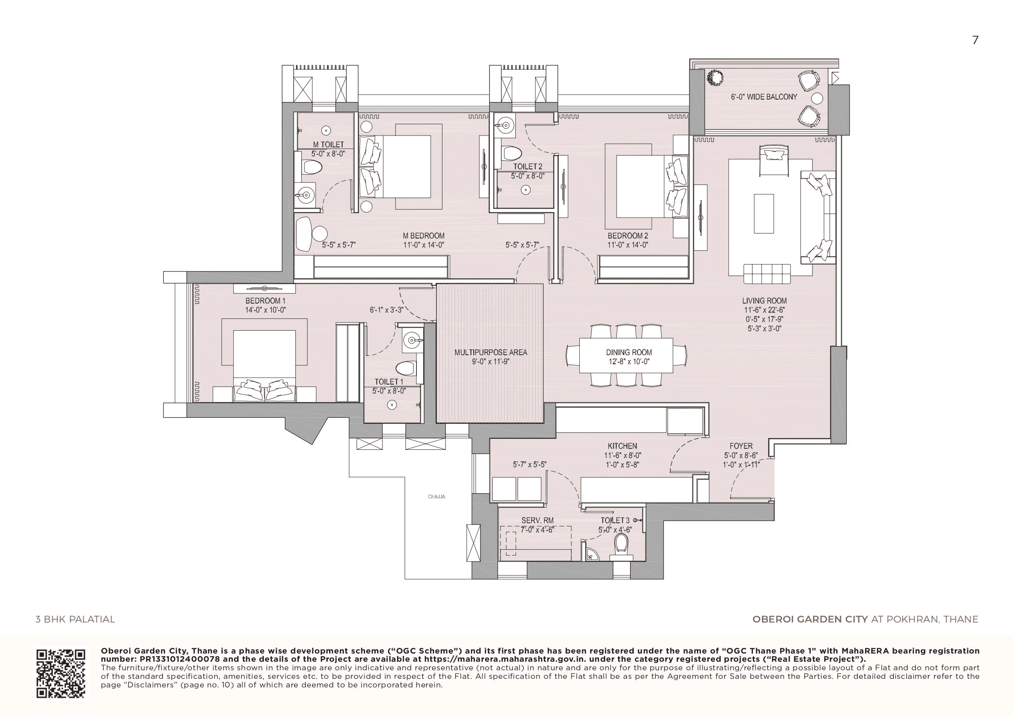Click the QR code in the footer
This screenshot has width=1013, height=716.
[x=60, y=674]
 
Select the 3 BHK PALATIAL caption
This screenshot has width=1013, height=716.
[x=75, y=619]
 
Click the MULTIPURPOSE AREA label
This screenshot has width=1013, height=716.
[x=491, y=352]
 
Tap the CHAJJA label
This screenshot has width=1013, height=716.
[x=436, y=497]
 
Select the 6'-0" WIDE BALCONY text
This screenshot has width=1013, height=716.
[x=764, y=97]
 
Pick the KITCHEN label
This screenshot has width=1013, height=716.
[x=622, y=446]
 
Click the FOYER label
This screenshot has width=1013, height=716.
[x=741, y=446]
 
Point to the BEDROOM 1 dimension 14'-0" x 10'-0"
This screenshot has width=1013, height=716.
[x=265, y=310]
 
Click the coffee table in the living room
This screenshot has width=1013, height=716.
[x=764, y=213]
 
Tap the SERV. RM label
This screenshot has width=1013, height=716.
[x=537, y=520]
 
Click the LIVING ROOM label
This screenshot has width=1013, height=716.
[x=764, y=301]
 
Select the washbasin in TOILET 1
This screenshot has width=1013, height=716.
[x=411, y=340]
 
